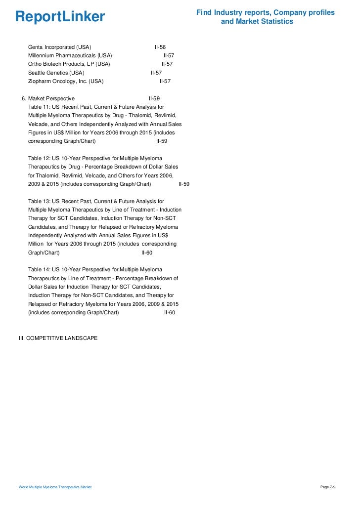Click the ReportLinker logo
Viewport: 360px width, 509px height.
click(x=60, y=17)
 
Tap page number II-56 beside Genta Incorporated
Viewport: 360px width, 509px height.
click(x=160, y=47)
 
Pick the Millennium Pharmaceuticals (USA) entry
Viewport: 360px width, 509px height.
click(x=70, y=55)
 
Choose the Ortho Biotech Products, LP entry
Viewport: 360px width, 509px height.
click(x=69, y=64)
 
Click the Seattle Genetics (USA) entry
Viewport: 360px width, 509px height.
click(x=56, y=73)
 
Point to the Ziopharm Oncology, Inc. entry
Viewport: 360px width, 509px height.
click(x=66, y=81)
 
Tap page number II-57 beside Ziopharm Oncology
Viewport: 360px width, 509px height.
click(x=165, y=81)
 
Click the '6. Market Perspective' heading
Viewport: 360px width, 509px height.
click(x=48, y=98)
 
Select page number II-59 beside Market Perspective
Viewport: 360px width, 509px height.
click(x=154, y=98)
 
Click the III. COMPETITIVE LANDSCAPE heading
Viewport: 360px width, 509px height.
click(x=58, y=338)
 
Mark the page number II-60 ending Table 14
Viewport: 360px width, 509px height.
click(x=170, y=312)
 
